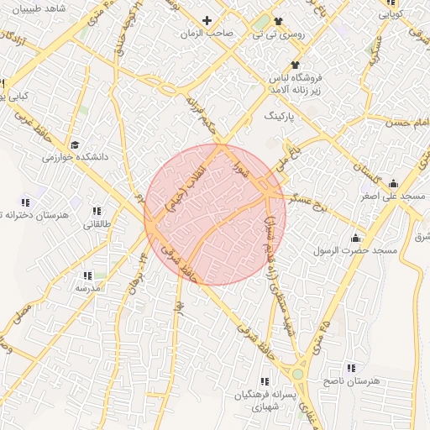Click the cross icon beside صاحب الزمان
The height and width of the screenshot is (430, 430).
pos(207,19)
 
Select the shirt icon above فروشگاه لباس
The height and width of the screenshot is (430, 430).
pos(295,65)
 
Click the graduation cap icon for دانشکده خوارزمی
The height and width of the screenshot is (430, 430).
pos(75,144)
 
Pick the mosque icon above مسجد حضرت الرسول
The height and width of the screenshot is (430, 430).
pos(355,238)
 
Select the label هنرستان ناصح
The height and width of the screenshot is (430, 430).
pos(353,381)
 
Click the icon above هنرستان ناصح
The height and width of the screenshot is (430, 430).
pos(350,368)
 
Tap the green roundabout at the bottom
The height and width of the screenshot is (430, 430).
pos(297,373)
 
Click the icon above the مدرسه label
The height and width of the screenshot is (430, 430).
pos(87,275)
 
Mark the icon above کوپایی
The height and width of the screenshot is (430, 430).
pos(391,3)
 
